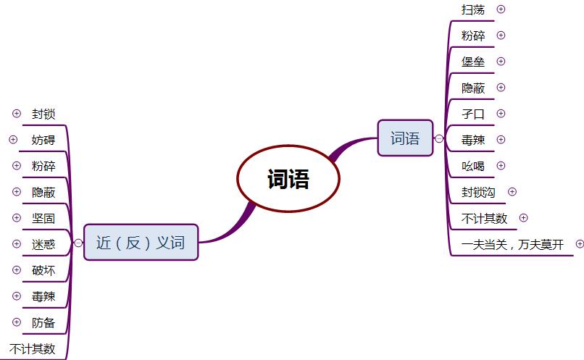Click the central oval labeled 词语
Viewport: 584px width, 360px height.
click(288, 178)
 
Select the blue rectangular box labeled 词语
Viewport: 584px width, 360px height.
click(405, 138)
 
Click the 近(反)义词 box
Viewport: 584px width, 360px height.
click(141, 243)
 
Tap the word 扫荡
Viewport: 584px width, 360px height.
click(473, 9)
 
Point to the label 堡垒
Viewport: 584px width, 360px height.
click(473, 62)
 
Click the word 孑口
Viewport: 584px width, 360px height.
click(473, 114)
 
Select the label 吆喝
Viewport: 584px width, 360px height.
click(473, 166)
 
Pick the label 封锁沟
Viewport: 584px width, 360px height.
click(478, 192)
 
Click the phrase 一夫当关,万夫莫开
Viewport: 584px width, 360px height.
click(512, 244)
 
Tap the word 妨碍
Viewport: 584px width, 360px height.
click(43, 140)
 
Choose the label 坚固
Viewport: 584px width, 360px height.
click(43, 218)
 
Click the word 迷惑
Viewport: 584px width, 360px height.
click(43, 244)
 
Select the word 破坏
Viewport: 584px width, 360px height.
click(43, 270)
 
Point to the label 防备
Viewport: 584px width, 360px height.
click(43, 322)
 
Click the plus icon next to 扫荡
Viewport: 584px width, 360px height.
click(501, 9)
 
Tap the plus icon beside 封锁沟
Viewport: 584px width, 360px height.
click(512, 192)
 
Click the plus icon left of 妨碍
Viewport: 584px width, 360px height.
click(13, 140)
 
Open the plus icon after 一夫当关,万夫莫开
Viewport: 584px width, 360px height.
click(579, 244)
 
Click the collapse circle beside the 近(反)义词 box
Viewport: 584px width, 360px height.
click(78, 243)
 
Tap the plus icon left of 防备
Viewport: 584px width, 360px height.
click(17, 322)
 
